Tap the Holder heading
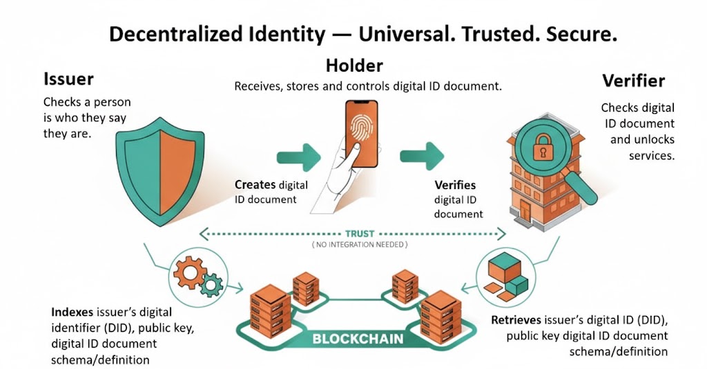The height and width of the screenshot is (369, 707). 354,66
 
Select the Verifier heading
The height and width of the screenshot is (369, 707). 633,81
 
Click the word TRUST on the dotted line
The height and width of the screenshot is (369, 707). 359,233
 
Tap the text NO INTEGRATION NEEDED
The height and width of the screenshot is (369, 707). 359,245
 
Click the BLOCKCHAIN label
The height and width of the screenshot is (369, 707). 358,339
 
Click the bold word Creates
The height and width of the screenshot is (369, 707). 255,185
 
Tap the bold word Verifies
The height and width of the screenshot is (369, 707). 455,186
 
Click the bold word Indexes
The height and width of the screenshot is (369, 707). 74,310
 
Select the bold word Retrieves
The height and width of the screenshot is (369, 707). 517,321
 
